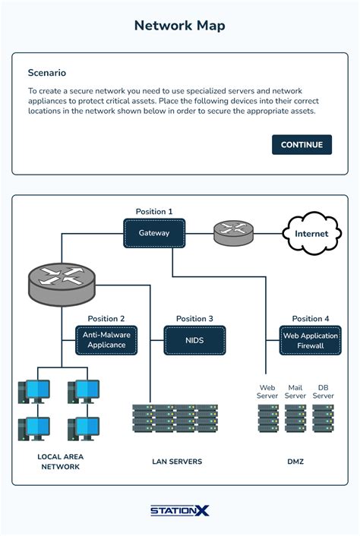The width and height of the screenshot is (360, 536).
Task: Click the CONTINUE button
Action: click(x=302, y=145)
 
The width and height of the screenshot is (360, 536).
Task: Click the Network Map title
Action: click(x=179, y=26)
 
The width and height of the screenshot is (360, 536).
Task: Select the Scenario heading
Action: click(x=46, y=73)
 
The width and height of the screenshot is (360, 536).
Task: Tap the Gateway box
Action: click(x=154, y=233)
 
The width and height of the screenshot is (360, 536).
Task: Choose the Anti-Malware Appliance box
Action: click(x=106, y=340)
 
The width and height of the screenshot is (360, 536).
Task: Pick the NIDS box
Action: click(x=194, y=340)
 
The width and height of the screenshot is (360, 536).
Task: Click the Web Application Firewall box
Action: click(x=310, y=340)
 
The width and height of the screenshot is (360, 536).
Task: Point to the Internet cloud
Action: click(x=311, y=233)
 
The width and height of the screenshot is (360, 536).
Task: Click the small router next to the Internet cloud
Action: click(x=233, y=232)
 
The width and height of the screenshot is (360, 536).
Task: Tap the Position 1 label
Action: click(x=154, y=211)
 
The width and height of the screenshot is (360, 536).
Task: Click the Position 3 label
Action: click(x=194, y=319)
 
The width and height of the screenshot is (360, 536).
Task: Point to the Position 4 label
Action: click(x=311, y=319)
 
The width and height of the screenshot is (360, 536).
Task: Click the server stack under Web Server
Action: click(x=268, y=418)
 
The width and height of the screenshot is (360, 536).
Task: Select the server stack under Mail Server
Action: click(x=295, y=418)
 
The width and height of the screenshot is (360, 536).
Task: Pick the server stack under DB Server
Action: click(x=324, y=418)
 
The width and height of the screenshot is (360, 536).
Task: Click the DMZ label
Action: click(x=295, y=462)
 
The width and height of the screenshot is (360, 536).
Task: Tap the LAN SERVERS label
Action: click(x=176, y=462)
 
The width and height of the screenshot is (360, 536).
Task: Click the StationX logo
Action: click(x=179, y=511)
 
